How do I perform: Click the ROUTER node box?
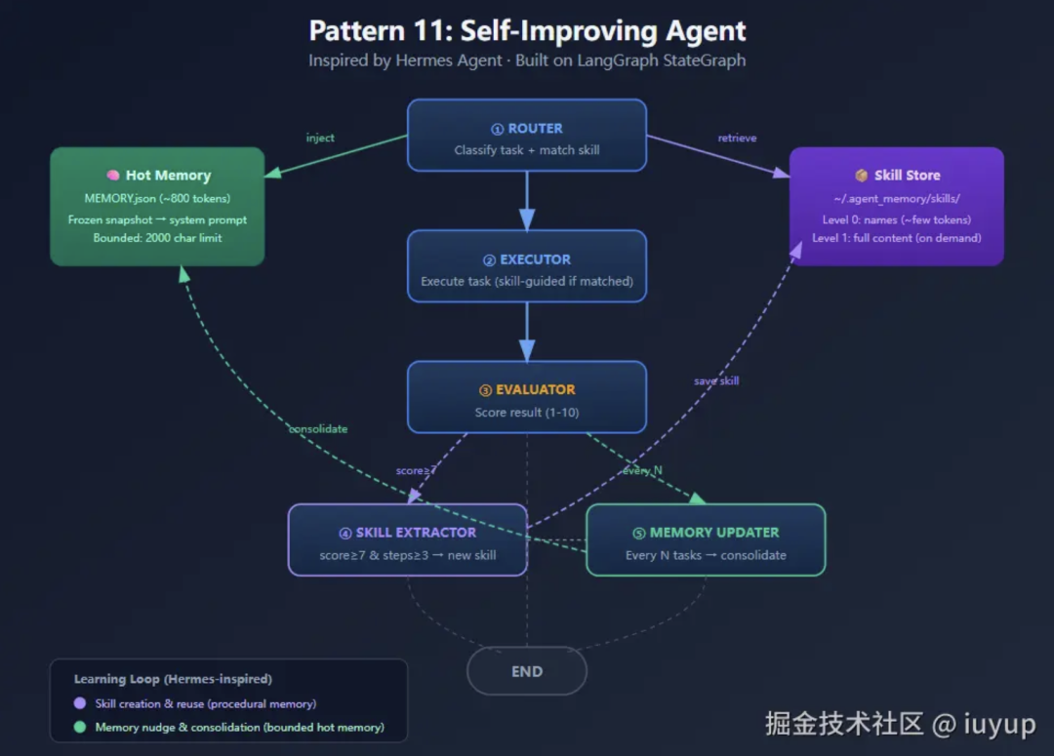[x=527, y=136]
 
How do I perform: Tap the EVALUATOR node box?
[x=527, y=397]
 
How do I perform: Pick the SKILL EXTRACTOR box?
[x=407, y=540]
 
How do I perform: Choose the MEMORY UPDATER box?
[x=706, y=540]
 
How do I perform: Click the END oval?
[x=527, y=671]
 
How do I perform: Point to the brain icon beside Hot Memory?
[x=113, y=176]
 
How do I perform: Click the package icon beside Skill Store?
[x=862, y=176]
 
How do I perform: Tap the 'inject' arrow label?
[x=320, y=139]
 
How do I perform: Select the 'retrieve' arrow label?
[x=737, y=139]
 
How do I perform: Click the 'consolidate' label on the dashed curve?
[x=317, y=429]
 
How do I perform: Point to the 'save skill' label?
[x=716, y=381]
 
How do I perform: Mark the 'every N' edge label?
[x=643, y=471]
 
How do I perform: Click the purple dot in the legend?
[x=80, y=703]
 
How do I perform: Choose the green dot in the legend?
[x=80, y=727]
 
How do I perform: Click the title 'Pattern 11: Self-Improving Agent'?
[x=527, y=31]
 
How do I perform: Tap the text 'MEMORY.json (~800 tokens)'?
[x=157, y=199]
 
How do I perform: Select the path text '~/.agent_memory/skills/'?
[x=896, y=199]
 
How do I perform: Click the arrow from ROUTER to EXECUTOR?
[x=527, y=201]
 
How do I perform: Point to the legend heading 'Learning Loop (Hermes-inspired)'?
[x=173, y=679]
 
